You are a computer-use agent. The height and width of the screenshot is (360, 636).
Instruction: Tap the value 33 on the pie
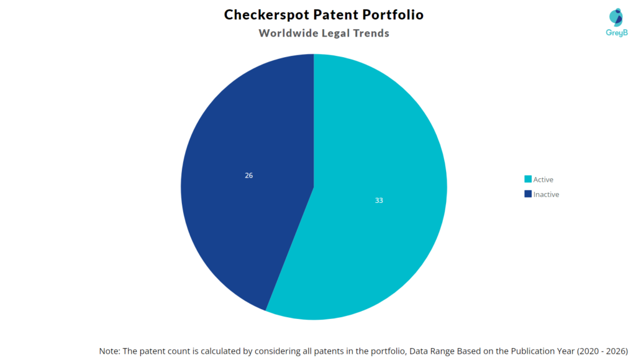[x=379, y=200]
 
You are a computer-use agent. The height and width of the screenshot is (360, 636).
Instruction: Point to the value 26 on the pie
[x=248, y=176]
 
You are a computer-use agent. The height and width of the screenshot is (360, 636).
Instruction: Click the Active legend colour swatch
[x=528, y=180]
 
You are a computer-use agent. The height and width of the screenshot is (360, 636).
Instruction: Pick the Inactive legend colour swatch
[x=528, y=194]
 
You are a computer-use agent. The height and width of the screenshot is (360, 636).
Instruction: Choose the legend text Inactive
[x=546, y=194]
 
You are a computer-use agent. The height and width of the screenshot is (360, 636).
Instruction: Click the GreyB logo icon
[x=615, y=17]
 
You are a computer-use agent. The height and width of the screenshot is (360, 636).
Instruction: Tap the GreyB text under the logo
[x=615, y=33]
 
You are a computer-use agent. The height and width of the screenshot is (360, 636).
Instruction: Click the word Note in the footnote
[x=109, y=351]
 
